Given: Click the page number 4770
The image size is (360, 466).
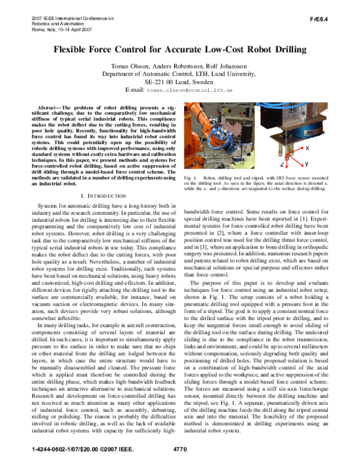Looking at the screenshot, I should [x=179, y=449].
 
